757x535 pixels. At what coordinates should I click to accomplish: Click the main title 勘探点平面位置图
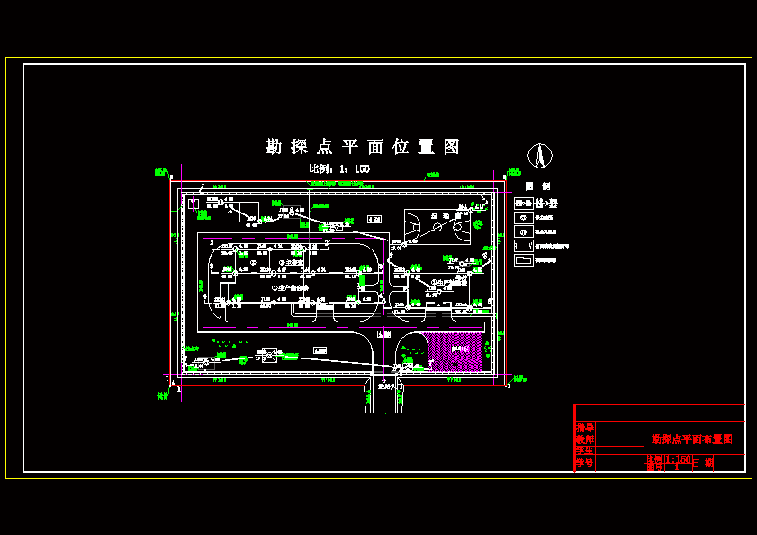[x=363, y=146]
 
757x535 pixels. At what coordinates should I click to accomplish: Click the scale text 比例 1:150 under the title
[x=339, y=168]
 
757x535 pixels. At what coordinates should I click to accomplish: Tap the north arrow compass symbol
[x=540, y=156]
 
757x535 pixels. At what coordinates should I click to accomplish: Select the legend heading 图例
[x=538, y=186]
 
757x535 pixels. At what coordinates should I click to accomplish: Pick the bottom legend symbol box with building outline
[x=523, y=260]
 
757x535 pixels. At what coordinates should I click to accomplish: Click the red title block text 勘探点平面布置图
[x=692, y=440]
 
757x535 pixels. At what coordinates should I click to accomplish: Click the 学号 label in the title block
[x=585, y=463]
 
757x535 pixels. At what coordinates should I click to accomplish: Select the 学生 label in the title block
[x=585, y=450]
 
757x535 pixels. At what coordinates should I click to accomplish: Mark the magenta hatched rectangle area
[x=454, y=351]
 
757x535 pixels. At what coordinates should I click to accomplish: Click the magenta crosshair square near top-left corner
[x=194, y=204]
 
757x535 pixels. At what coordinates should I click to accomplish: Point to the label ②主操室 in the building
[x=290, y=263]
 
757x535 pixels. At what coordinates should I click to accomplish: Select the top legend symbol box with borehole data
[x=523, y=203]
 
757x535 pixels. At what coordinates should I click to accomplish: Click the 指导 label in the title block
[x=585, y=427]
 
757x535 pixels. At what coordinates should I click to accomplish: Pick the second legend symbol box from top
[x=523, y=217]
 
